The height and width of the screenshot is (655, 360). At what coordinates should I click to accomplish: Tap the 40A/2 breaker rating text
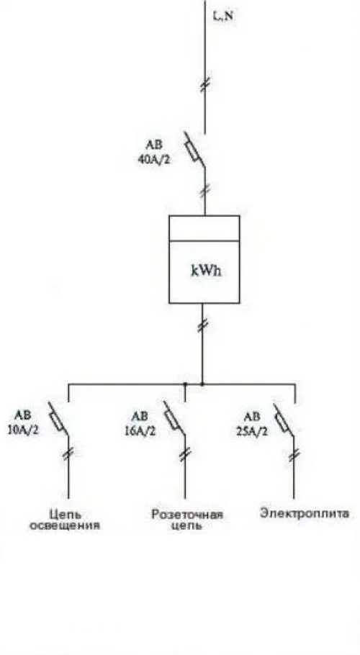point(154,160)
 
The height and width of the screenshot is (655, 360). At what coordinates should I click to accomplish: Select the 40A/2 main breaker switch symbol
point(195,150)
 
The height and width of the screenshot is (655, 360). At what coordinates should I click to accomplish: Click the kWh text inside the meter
point(207,271)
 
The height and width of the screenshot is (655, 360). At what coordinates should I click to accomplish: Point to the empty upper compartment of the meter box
point(204,228)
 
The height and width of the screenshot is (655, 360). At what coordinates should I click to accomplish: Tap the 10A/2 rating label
point(23,430)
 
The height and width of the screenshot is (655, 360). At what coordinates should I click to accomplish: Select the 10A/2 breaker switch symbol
point(58,420)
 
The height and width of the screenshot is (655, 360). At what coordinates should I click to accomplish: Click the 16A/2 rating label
point(140,430)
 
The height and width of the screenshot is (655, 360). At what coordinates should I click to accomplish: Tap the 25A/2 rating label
point(251,430)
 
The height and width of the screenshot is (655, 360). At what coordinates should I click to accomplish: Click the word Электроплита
point(305,513)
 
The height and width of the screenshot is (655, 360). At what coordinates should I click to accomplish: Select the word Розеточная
point(187,514)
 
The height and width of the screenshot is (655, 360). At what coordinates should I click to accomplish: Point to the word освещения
point(64,525)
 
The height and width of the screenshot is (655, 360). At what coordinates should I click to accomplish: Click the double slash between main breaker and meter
point(204,191)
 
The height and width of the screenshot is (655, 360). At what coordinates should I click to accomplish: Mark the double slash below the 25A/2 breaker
point(294,454)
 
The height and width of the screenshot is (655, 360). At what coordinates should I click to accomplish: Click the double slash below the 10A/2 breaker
point(68,453)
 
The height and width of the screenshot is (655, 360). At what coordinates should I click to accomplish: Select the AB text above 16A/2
point(140,417)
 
